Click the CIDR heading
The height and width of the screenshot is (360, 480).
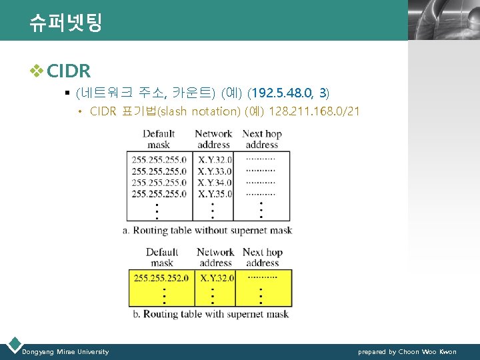point(69,70)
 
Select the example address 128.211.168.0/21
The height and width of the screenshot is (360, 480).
point(313,111)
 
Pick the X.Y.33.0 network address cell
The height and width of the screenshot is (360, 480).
point(215,171)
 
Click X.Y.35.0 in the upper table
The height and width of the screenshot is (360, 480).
point(215,194)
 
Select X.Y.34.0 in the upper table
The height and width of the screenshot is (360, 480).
point(215,183)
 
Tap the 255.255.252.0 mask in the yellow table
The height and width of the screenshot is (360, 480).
point(161,278)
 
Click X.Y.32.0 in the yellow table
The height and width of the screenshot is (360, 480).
point(215,278)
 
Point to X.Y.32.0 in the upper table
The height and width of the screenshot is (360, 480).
point(215,160)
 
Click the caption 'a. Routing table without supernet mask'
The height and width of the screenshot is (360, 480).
point(207,231)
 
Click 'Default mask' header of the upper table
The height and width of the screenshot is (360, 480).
point(159,139)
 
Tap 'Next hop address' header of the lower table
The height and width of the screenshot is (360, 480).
point(262,257)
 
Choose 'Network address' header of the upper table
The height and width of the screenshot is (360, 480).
point(213,139)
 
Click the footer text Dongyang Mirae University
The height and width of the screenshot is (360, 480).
point(65,351)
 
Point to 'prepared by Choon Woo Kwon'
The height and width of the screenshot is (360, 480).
point(407,351)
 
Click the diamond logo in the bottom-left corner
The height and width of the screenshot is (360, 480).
point(13,345)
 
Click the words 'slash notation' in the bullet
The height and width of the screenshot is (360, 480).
point(203,111)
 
